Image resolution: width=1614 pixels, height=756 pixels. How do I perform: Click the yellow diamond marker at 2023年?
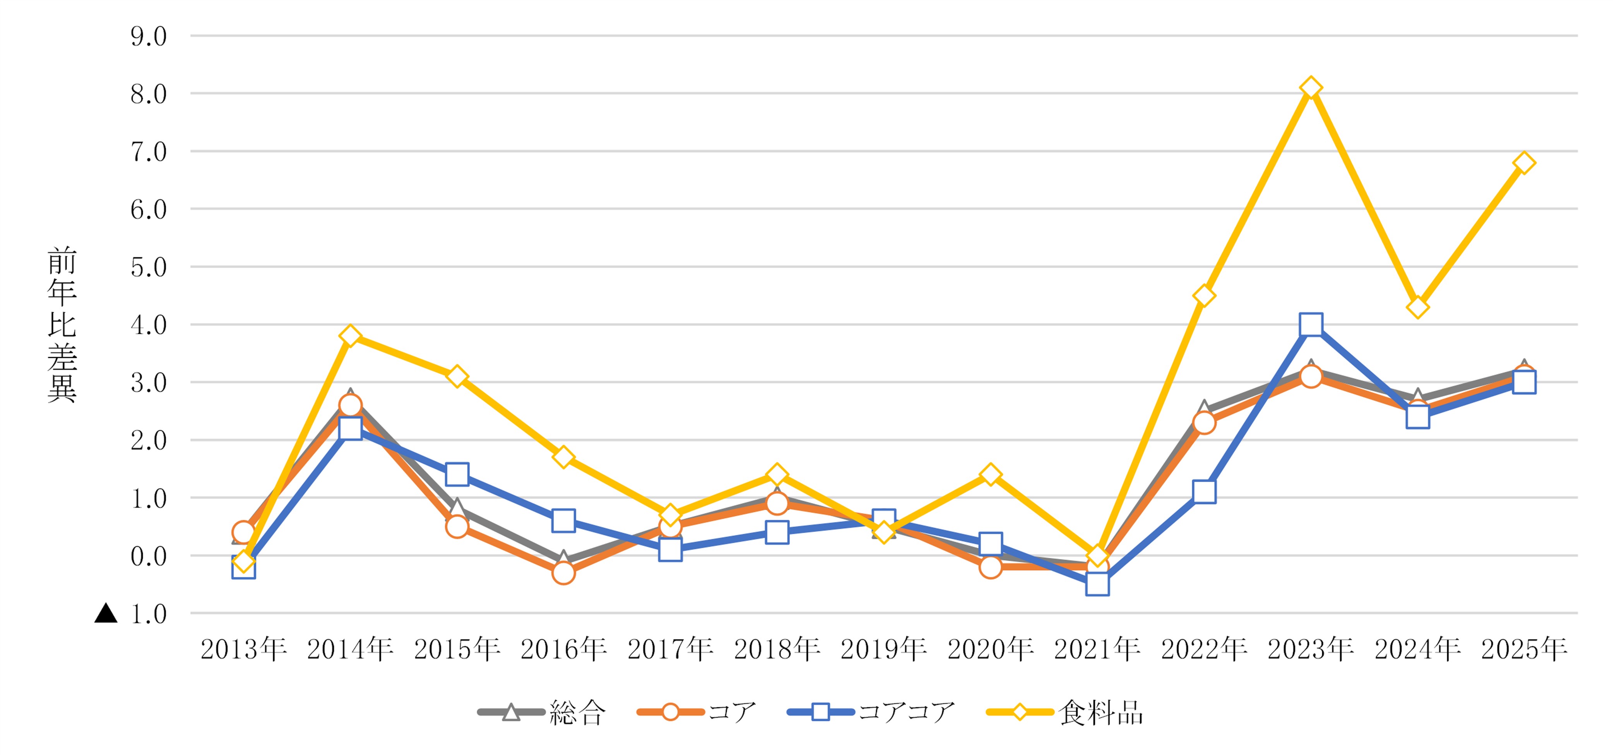click(1311, 88)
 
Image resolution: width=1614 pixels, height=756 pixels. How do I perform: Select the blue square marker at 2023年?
click(1311, 325)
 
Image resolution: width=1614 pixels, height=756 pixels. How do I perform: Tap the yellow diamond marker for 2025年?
click(1524, 163)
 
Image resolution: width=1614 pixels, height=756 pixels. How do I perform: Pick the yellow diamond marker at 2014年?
click(350, 336)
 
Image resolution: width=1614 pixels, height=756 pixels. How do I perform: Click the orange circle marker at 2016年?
click(563, 573)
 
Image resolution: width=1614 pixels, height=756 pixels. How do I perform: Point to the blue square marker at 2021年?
click(1097, 584)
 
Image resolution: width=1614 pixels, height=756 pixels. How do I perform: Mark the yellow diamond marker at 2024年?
click(1417, 308)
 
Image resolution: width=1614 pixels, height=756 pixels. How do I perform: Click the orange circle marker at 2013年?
click(244, 532)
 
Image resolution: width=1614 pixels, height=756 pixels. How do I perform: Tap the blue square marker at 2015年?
click(457, 474)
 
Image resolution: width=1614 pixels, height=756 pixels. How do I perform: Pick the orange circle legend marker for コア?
click(670, 712)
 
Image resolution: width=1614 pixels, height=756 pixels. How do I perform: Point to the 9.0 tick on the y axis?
click(149, 36)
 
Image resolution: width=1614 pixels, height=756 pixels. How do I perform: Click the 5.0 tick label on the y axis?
click(149, 267)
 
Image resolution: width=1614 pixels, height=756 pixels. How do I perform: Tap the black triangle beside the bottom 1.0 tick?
click(106, 613)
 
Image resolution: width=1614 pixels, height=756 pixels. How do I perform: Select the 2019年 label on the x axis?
click(883, 649)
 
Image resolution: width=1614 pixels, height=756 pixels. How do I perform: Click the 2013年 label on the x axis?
click(244, 649)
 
